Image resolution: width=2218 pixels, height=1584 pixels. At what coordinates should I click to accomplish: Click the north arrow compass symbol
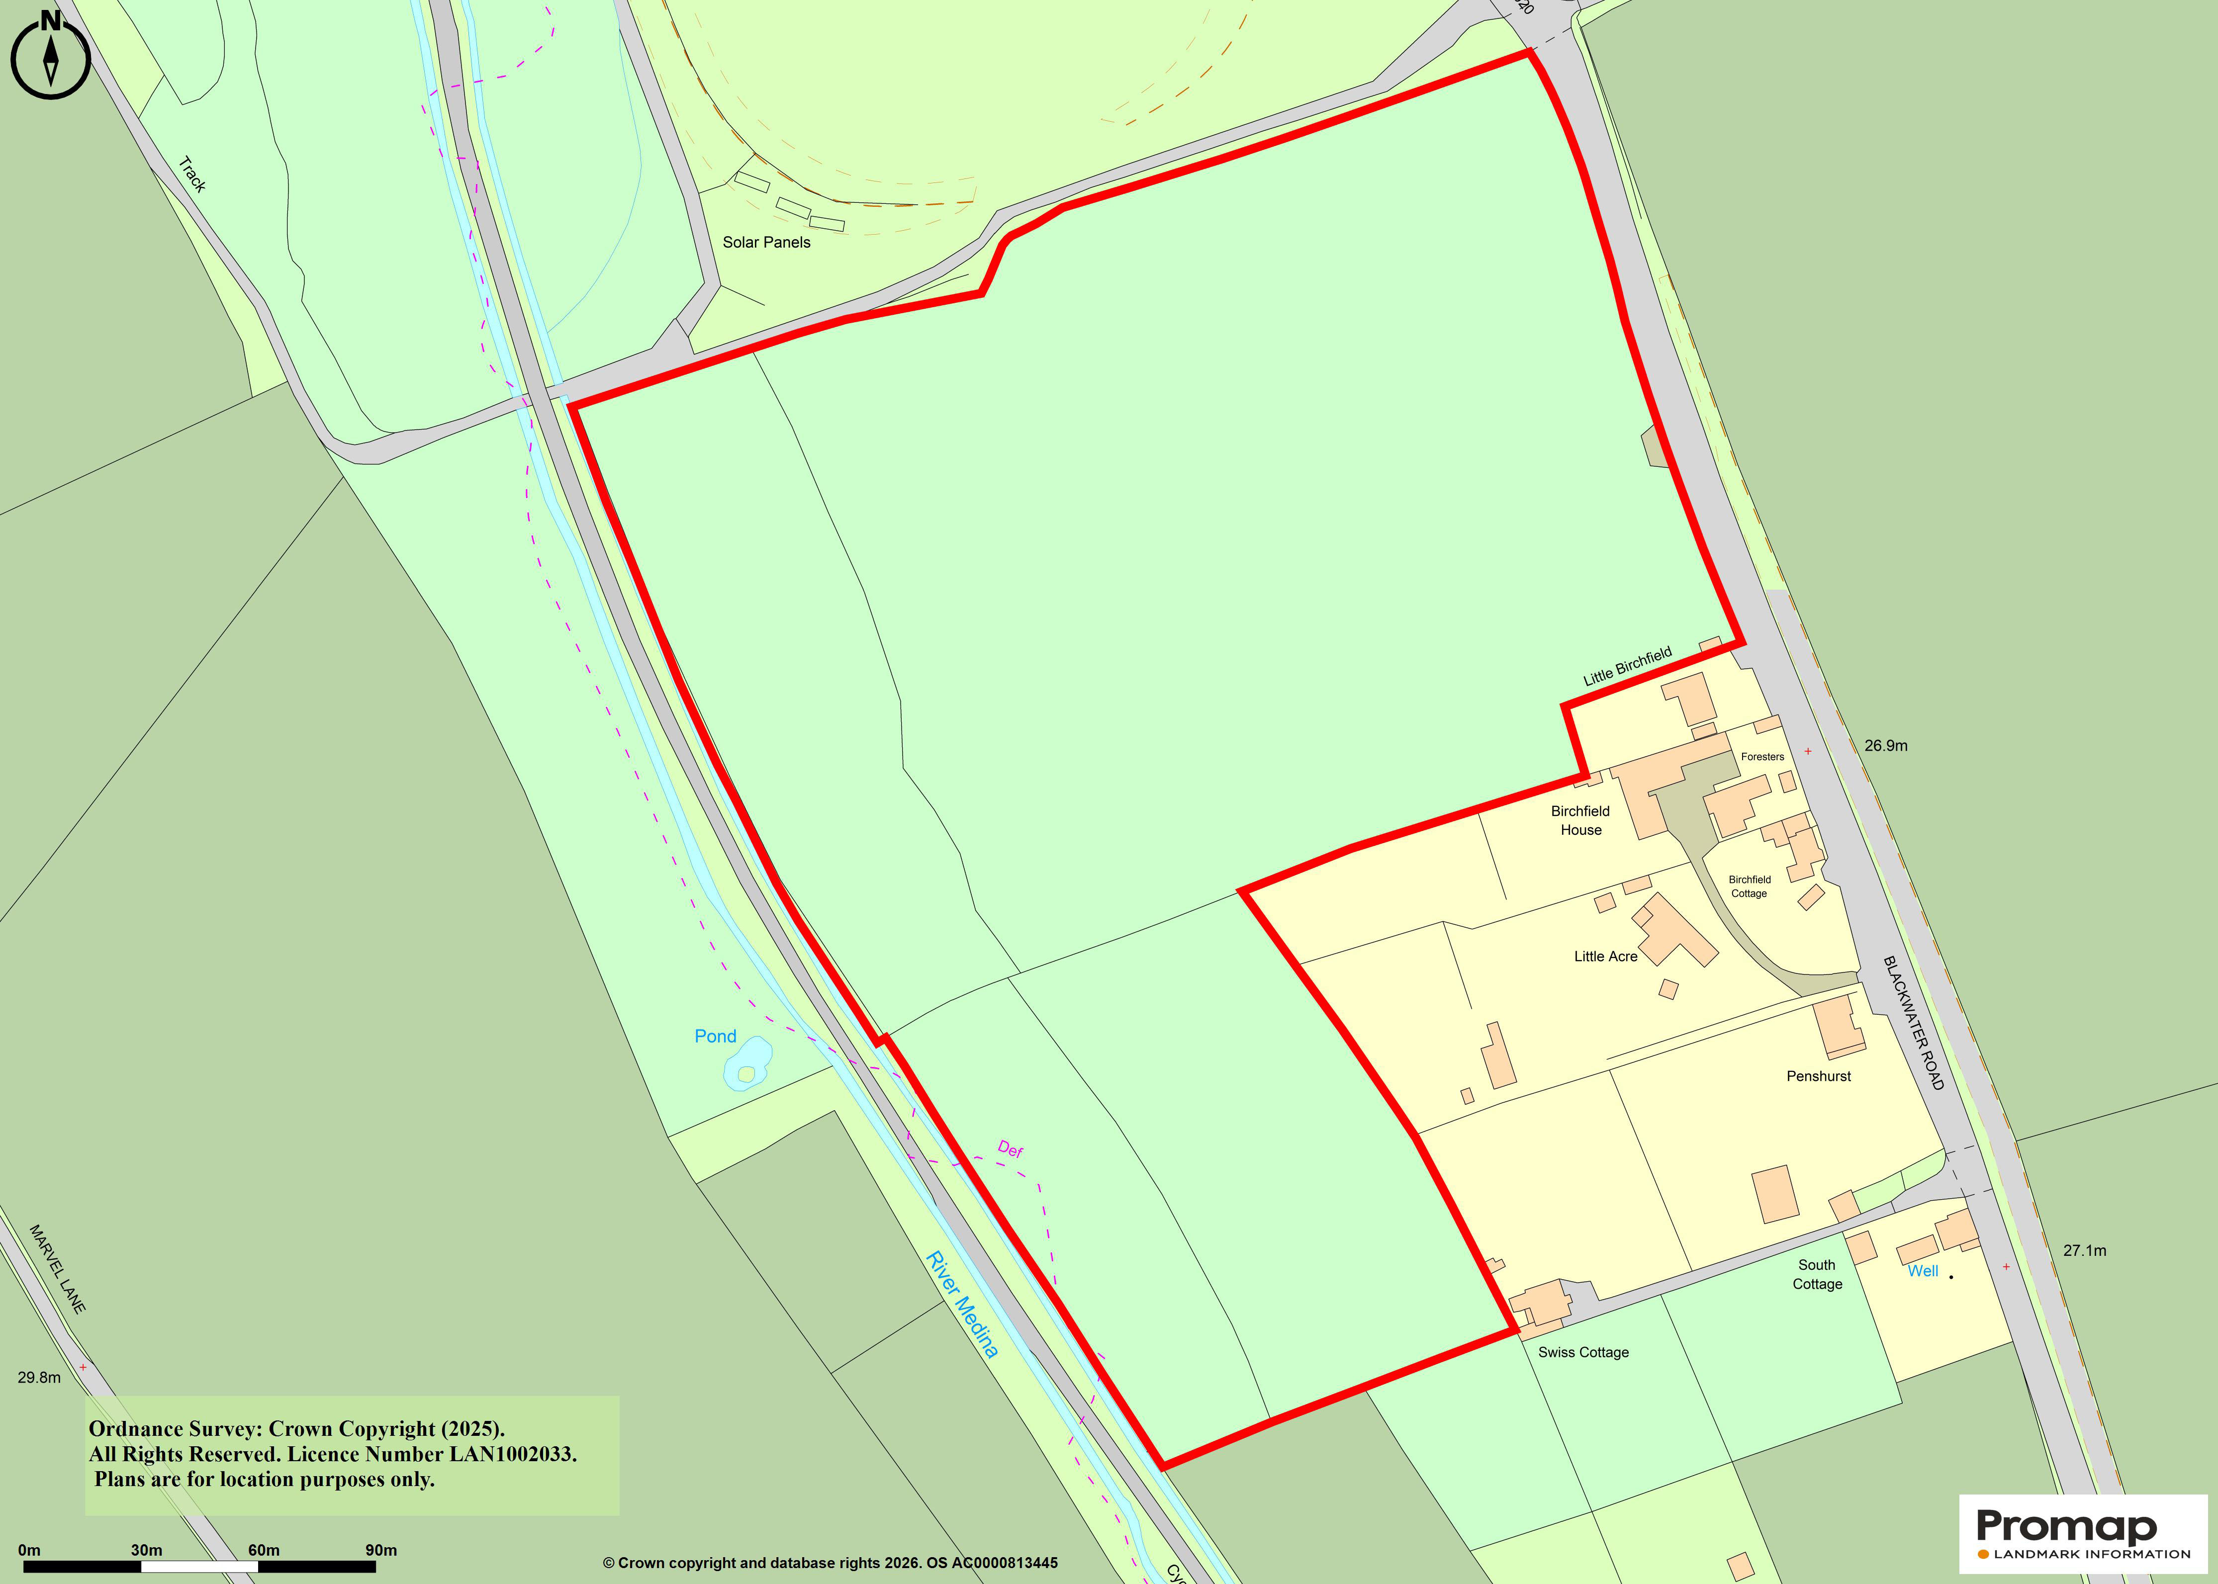(51, 57)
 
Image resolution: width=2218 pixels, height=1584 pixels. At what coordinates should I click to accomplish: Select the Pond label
(715, 1036)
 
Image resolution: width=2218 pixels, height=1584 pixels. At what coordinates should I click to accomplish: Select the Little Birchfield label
(1627, 666)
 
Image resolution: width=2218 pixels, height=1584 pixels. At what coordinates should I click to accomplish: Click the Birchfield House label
(1580, 820)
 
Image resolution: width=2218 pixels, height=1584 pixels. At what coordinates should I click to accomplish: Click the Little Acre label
(1605, 956)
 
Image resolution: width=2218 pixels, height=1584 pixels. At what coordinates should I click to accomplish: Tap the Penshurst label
(1818, 1076)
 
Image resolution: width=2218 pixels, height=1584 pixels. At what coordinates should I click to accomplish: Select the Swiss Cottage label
(1583, 1352)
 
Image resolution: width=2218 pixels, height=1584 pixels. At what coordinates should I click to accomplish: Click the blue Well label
(1923, 1271)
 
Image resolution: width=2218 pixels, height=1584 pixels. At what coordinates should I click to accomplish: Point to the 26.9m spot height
(1885, 745)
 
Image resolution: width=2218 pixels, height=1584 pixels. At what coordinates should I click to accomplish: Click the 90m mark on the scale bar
(380, 1550)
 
